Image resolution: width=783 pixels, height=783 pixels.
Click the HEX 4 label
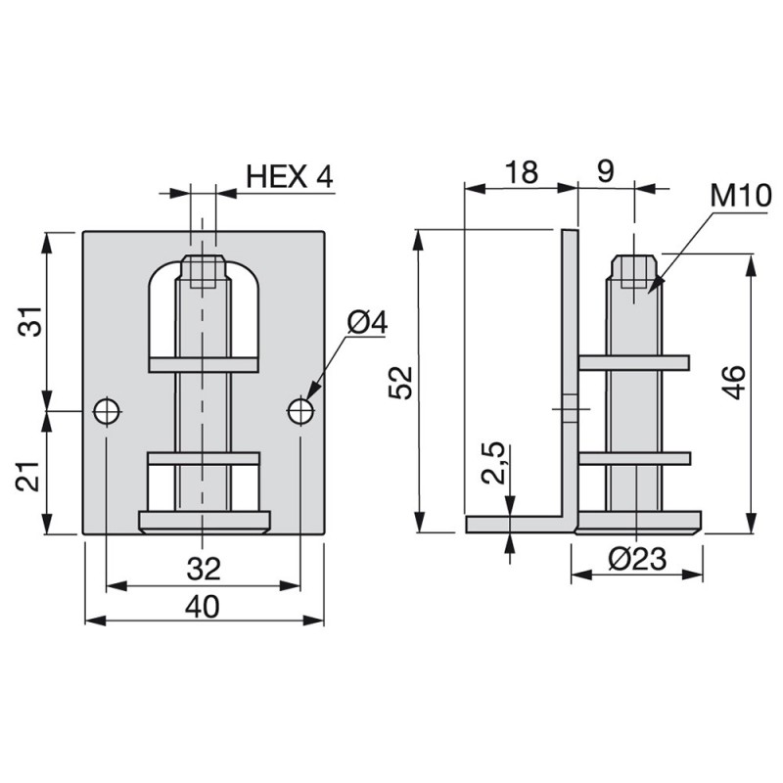coord(289,176)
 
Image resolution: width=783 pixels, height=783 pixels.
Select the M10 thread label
coord(741,195)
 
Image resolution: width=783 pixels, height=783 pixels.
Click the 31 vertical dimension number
coord(30,321)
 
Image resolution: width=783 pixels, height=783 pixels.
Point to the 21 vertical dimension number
coord(29,477)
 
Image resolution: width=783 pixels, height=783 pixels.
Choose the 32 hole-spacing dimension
coord(204,569)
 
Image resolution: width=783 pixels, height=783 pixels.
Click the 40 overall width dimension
coord(203,607)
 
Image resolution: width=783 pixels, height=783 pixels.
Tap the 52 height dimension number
coord(401,383)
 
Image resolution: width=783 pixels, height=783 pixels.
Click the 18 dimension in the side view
coord(522,172)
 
